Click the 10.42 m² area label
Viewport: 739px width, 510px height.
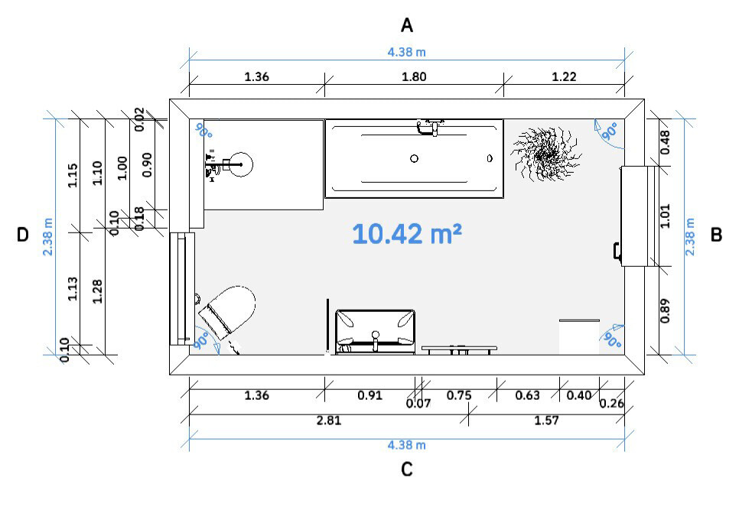tap(407, 233)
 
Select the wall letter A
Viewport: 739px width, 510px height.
tap(407, 25)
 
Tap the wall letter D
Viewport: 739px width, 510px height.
tap(23, 235)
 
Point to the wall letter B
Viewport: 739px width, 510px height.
tap(716, 235)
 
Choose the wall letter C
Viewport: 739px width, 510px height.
tap(407, 469)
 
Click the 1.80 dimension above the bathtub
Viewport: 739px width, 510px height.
tap(414, 76)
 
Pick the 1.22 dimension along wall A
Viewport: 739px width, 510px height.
tap(564, 76)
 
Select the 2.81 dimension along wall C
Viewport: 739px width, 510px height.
tap(328, 420)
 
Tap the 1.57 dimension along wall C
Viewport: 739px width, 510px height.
tap(546, 420)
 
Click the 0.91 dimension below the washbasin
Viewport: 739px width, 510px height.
tap(369, 395)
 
